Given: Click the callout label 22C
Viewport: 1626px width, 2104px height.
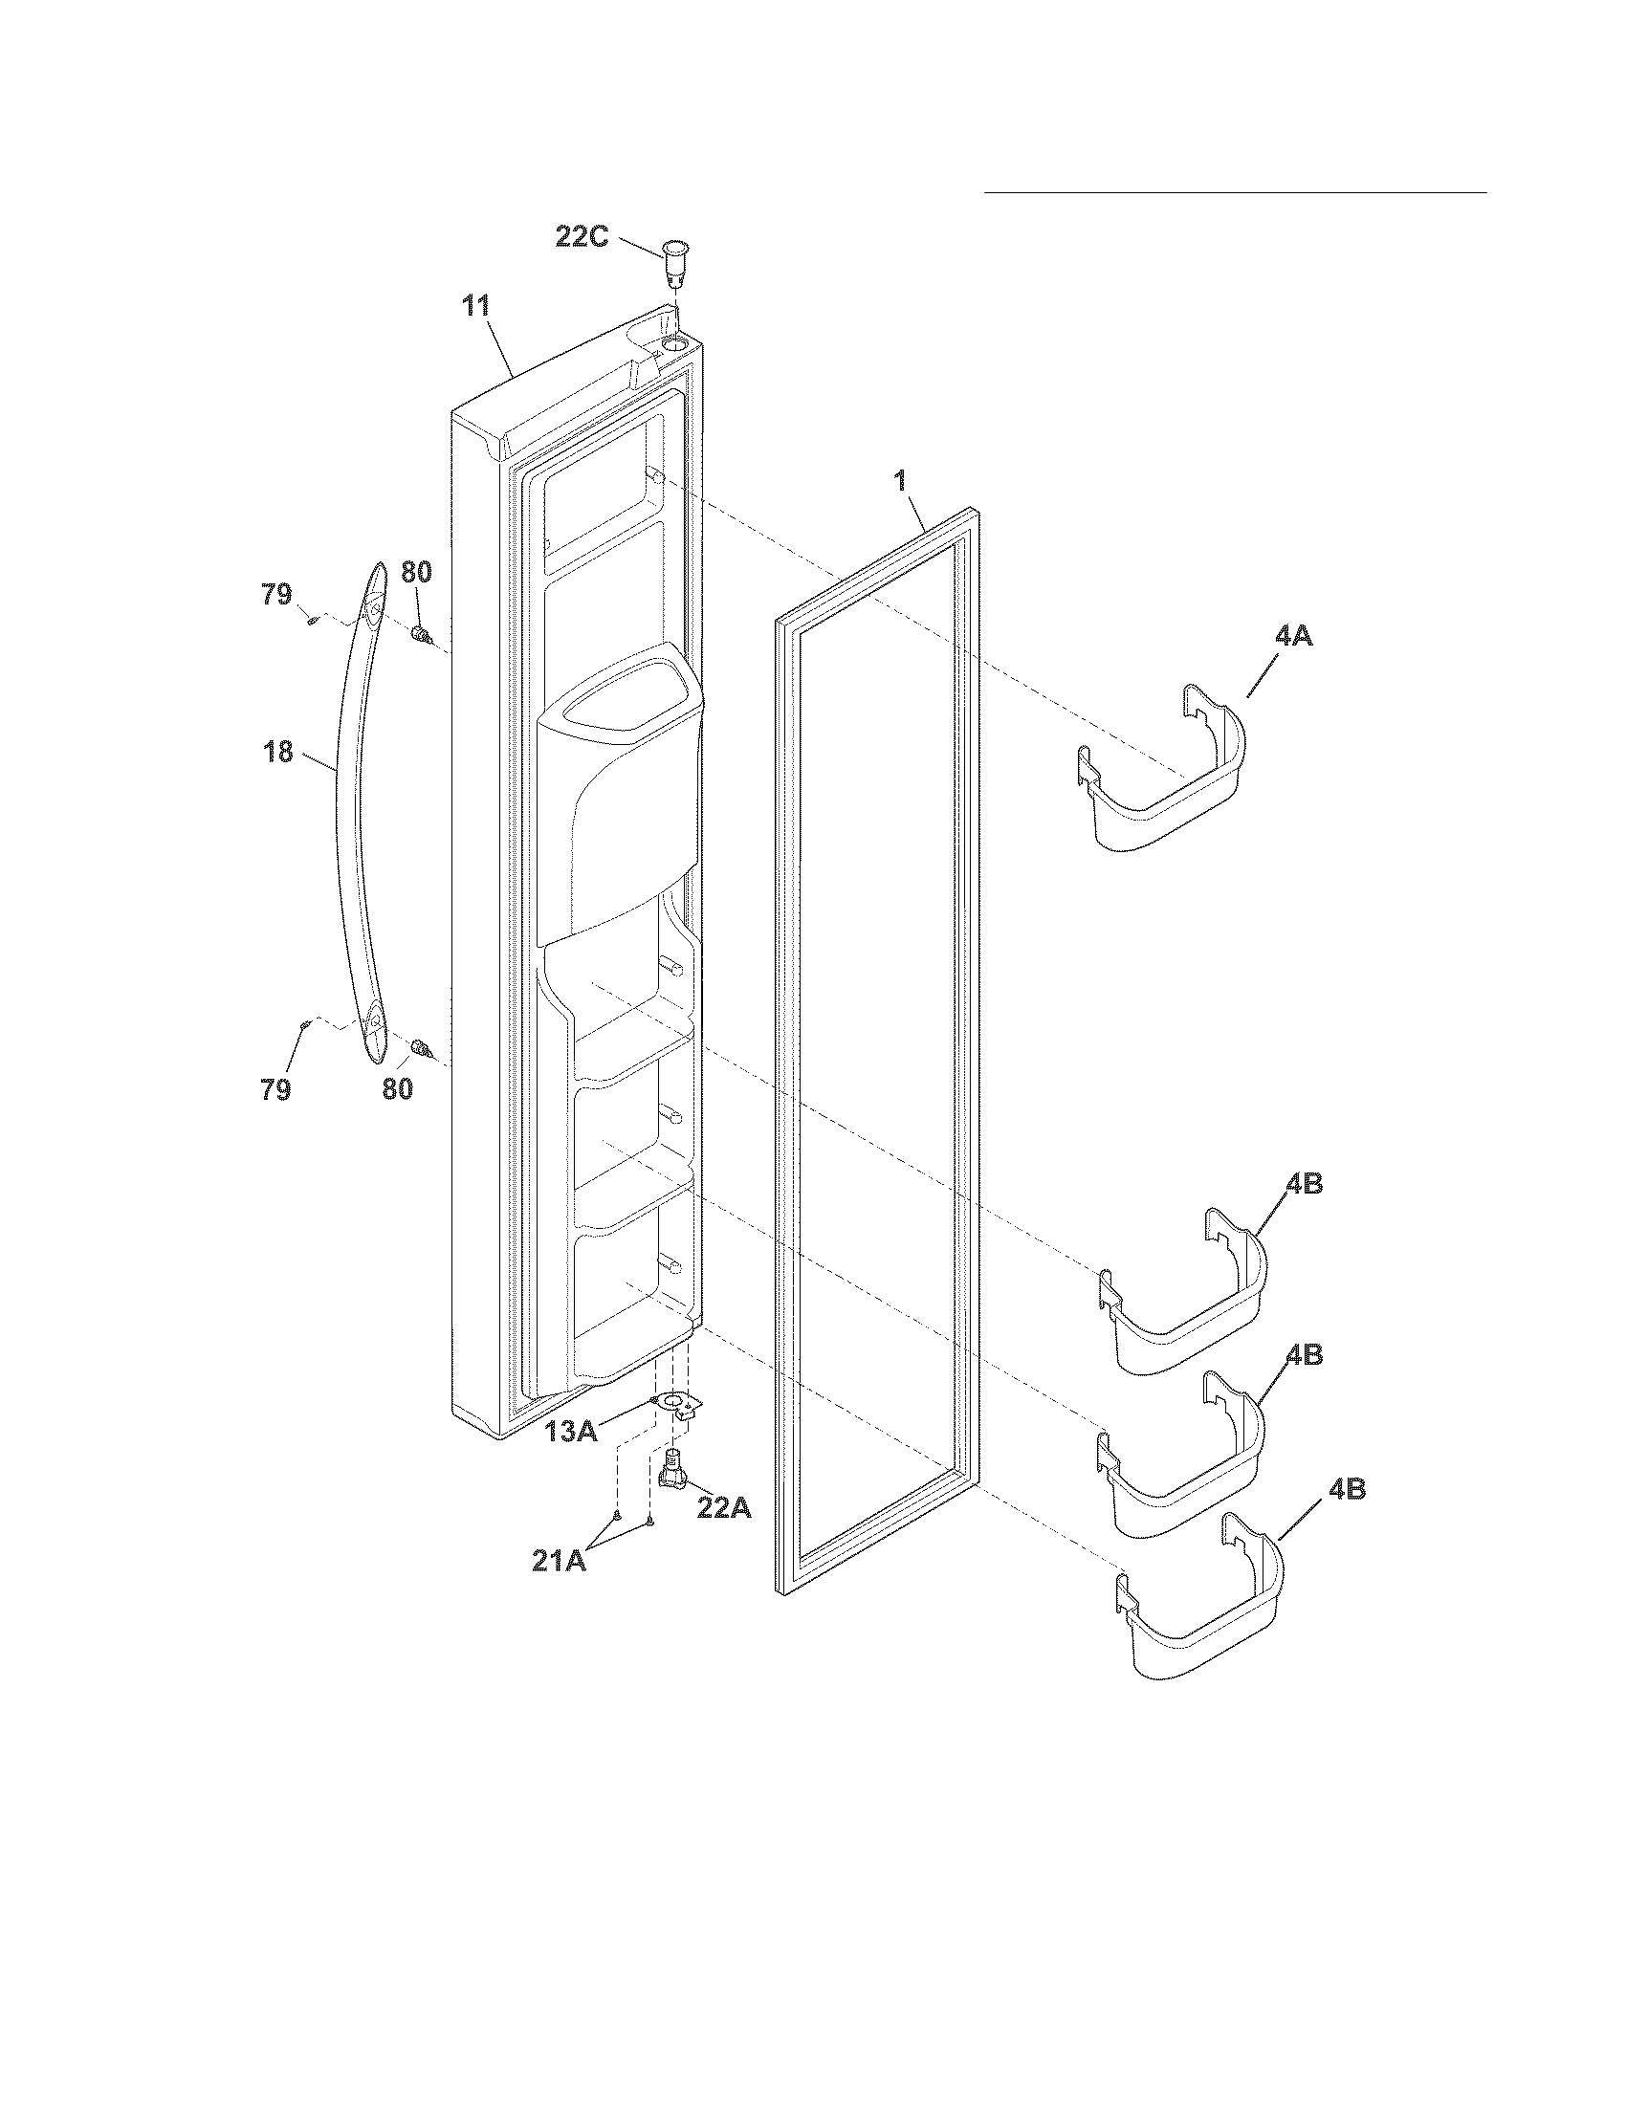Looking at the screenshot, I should [x=582, y=236].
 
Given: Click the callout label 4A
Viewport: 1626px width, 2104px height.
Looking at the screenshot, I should [x=1293, y=637].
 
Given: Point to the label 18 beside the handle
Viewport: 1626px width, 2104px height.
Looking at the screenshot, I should [x=278, y=752].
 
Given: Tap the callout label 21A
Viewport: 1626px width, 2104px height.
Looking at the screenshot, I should [x=560, y=1561].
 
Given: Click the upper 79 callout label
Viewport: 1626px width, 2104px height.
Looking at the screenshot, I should [x=276, y=596].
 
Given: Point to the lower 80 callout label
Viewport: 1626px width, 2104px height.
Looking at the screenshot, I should [x=397, y=1089].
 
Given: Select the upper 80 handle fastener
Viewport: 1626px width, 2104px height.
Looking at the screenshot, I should [x=421, y=634].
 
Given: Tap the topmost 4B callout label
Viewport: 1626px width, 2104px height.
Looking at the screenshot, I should [x=1304, y=1184].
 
